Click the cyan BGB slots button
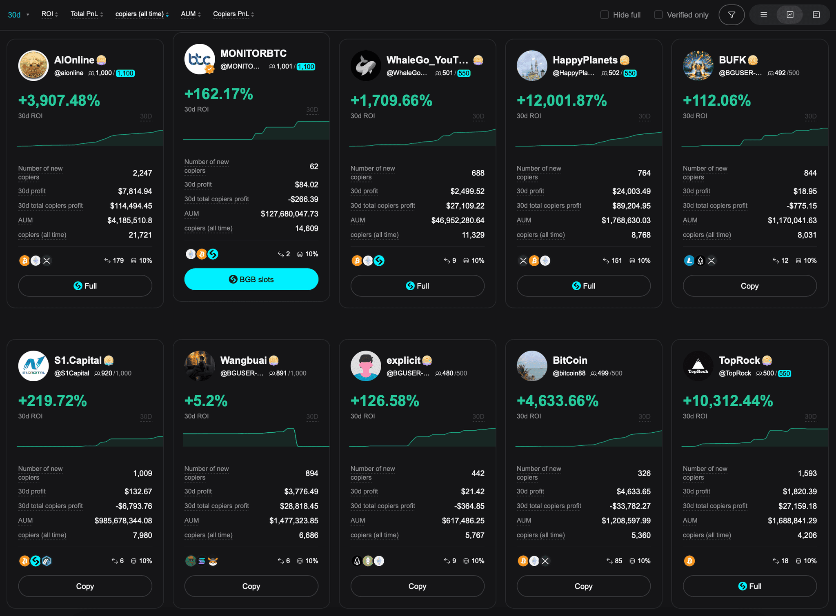tap(251, 279)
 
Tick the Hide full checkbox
tap(605, 15)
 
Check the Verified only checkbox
tap(658, 15)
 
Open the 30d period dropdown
tap(18, 15)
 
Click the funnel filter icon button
tap(731, 15)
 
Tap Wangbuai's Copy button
tap(251, 586)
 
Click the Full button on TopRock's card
tap(749, 586)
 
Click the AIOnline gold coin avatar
tap(33, 65)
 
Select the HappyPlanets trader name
tap(585, 60)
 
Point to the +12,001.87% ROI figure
tap(562, 100)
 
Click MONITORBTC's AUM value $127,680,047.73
tap(289, 214)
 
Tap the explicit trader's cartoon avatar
tap(365, 366)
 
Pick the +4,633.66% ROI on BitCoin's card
tap(557, 401)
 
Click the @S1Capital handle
tap(71, 373)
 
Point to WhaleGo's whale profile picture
tap(365, 65)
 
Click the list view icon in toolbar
tap(763, 15)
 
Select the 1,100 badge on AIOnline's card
tap(125, 73)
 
